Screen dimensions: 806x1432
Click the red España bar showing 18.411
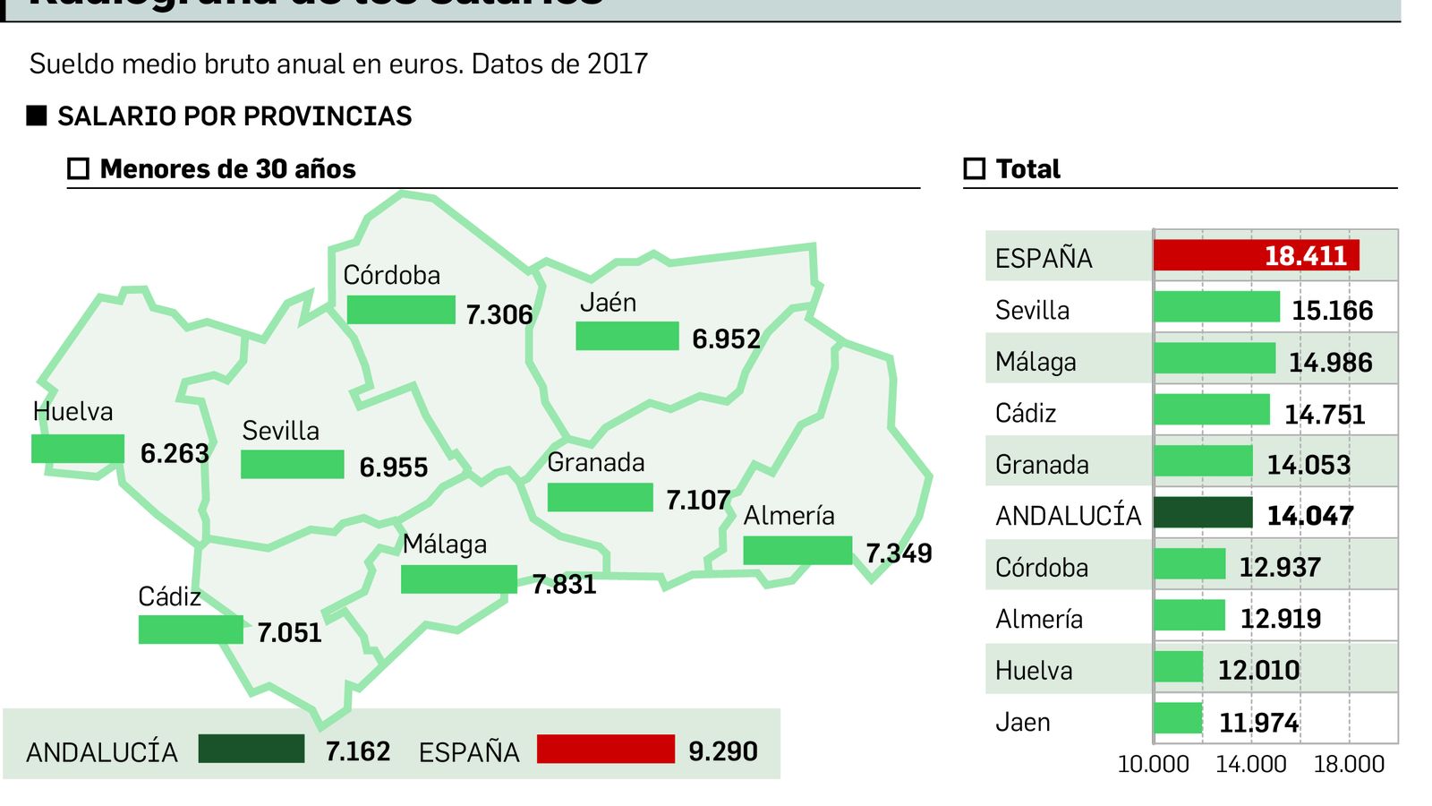coord(1256,255)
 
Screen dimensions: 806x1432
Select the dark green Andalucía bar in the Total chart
coord(1203,513)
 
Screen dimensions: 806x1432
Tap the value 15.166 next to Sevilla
coord(1332,310)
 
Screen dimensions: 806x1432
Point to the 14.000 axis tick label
coord(1250,764)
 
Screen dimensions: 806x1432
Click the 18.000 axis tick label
coord(1349,764)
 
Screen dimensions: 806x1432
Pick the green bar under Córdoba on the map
coord(401,310)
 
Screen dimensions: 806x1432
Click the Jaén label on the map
coord(608,303)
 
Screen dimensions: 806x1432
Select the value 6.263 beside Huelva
coord(175,453)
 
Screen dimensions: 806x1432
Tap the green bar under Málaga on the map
coord(458,579)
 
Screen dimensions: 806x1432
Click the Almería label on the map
coord(788,516)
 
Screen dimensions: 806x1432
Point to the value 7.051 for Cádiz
coord(289,632)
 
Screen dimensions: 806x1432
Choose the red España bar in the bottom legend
coord(605,749)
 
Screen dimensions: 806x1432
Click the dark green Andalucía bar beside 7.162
coord(251,749)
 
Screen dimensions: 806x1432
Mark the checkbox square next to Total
coord(974,168)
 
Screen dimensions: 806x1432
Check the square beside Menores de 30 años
coord(79,168)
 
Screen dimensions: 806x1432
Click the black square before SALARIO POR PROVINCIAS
coord(37,116)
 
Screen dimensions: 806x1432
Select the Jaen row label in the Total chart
coord(1022,722)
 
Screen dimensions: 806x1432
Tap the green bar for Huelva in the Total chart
coord(1178,667)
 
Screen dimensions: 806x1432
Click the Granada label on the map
coord(595,462)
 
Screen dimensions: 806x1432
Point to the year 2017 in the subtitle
coord(618,64)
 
